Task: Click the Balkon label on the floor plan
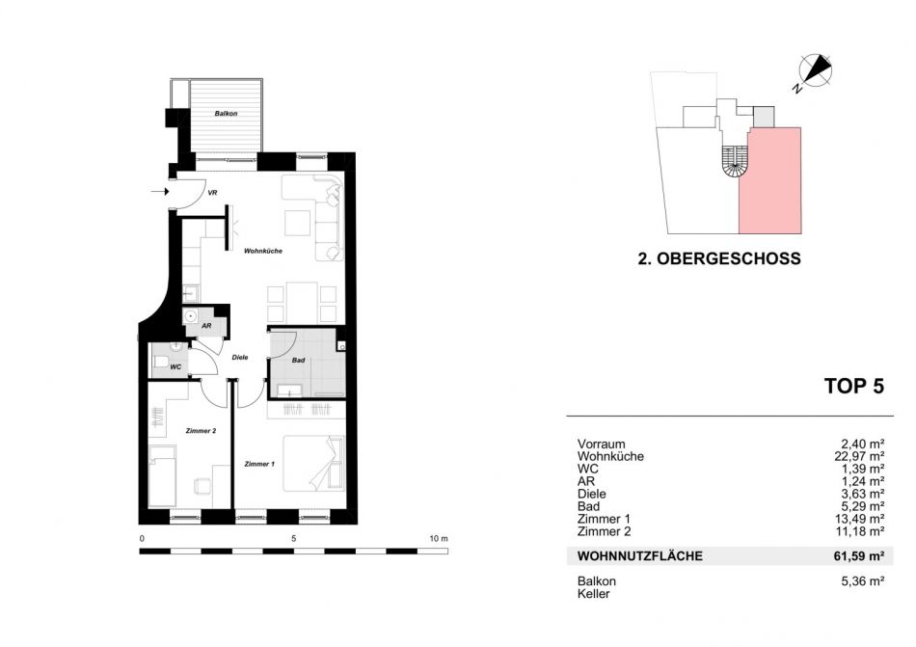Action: point(226,113)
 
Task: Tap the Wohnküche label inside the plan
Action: point(263,251)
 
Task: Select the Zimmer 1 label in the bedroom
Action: point(259,464)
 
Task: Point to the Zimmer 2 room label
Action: point(201,431)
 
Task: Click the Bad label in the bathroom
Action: point(299,361)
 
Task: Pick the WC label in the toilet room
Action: point(175,367)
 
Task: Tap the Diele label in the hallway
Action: point(240,358)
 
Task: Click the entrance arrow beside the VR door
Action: point(159,192)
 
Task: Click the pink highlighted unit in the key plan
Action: point(770,181)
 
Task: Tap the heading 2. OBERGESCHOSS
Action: point(719,258)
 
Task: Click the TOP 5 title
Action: point(854,386)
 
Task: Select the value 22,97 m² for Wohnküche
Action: point(859,457)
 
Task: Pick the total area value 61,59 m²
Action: point(859,556)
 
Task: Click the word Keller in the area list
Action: point(594,594)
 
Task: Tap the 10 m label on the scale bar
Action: point(439,538)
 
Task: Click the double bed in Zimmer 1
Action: point(313,464)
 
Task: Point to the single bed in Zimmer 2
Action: point(162,476)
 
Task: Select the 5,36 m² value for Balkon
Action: point(862,581)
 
